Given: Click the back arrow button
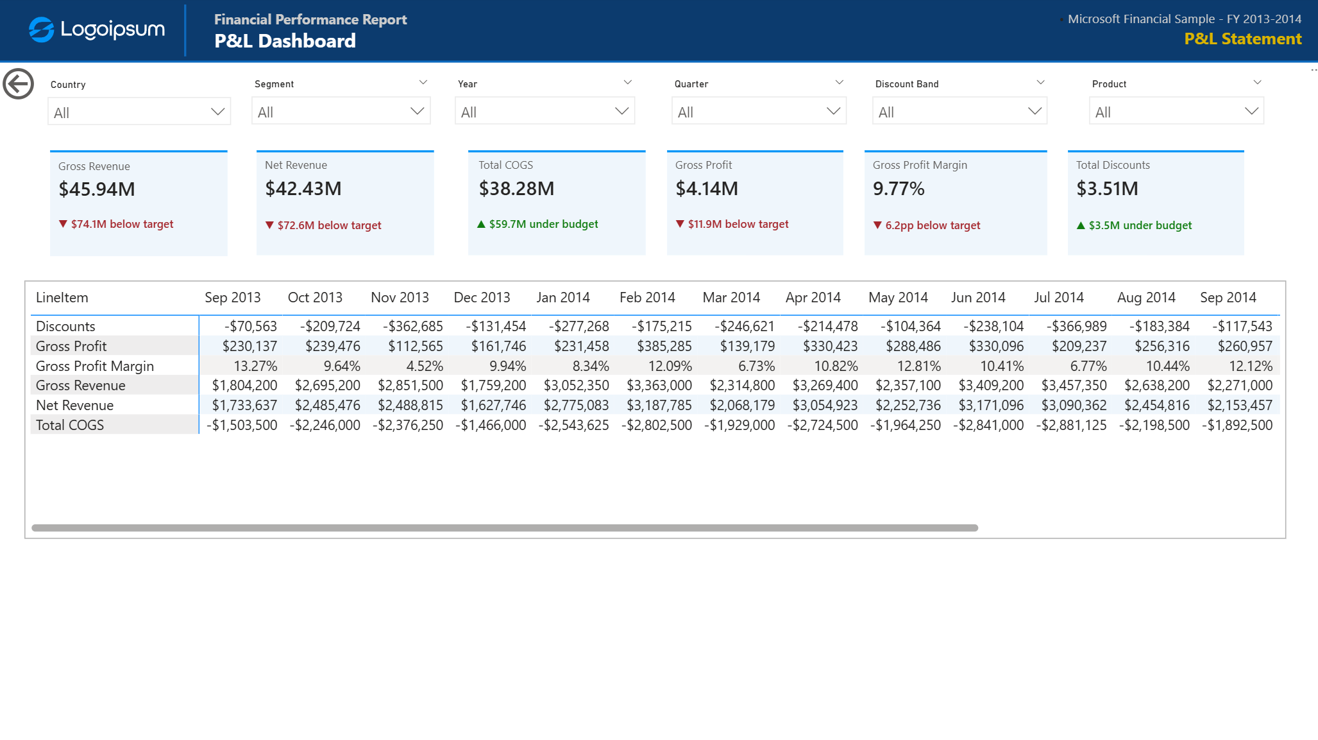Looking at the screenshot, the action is click(x=18, y=84).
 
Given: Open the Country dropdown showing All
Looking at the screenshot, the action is click(x=139, y=112).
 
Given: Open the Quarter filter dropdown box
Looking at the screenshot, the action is click(x=759, y=111).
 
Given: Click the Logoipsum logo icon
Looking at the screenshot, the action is click(x=41, y=30).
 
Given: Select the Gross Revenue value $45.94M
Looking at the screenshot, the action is click(x=97, y=189).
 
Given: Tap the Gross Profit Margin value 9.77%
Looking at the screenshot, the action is click(x=899, y=189).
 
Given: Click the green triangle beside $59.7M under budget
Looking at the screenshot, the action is click(x=481, y=224).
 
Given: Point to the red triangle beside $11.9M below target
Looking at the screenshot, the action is click(x=680, y=224).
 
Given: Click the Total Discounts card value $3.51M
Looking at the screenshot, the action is click(x=1107, y=189).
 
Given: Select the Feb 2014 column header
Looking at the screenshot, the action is click(x=647, y=298).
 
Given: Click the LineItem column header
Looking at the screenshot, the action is click(x=62, y=298).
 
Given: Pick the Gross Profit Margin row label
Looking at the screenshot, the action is click(x=95, y=366).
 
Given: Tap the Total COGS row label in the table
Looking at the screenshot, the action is click(x=70, y=425).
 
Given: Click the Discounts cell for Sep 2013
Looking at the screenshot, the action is click(x=251, y=326).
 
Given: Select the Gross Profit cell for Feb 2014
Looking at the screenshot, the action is click(x=664, y=346).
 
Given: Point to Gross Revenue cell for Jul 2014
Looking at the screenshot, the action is click(x=1074, y=385).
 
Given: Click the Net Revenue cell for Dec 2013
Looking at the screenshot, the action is click(x=494, y=405).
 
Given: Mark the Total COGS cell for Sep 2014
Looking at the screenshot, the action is click(x=1237, y=425).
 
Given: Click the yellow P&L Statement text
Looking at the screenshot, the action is click(x=1243, y=39).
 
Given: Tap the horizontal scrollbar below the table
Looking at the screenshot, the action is click(x=505, y=528).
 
